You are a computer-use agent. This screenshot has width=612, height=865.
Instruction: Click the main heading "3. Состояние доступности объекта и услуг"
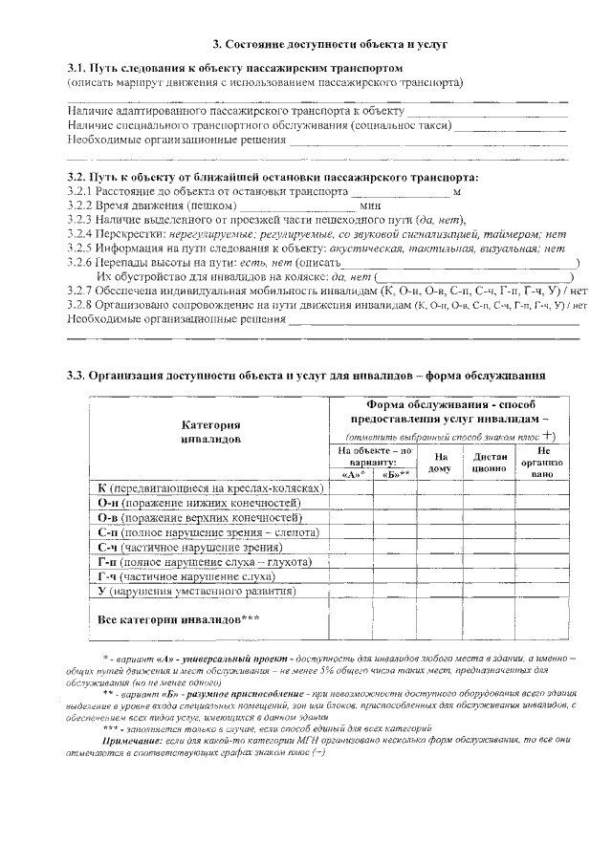[x=316, y=45]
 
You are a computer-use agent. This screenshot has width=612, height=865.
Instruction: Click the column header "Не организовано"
[x=543, y=462]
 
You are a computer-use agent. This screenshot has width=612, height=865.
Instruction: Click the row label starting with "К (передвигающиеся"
[x=210, y=487]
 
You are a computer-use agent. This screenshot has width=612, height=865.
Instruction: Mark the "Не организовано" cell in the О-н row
[x=543, y=502]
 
